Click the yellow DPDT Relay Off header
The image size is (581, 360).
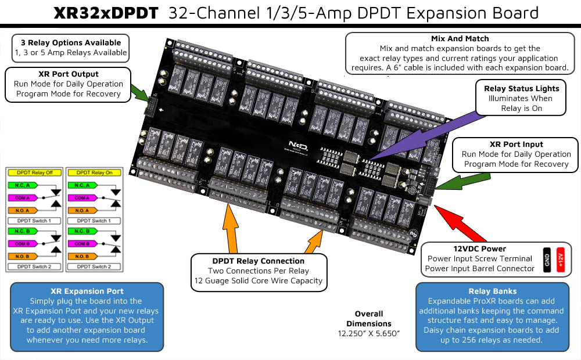pos(35,172)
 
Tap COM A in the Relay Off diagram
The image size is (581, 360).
pos(21,198)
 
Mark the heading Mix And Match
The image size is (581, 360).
pos(460,38)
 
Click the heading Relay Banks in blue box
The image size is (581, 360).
pos(493,291)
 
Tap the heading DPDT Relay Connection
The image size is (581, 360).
pos(258,261)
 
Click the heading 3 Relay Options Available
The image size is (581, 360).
pos(71,42)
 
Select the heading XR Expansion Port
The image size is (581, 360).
pos(87,291)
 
